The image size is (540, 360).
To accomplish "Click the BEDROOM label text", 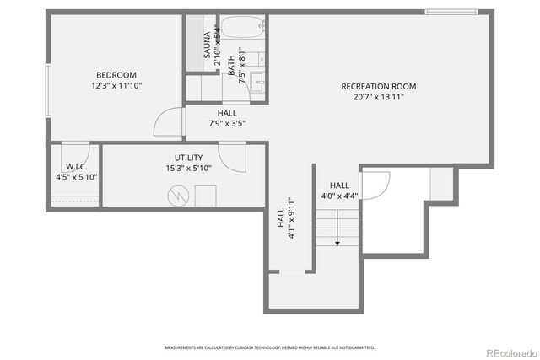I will click(116, 75).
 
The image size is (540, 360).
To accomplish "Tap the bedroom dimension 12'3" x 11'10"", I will click(116, 86).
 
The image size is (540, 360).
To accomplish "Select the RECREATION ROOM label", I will click(378, 86).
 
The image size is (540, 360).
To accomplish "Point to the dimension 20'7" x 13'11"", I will click(378, 97).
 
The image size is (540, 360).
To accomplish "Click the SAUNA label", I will click(208, 47).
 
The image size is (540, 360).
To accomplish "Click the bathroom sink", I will click(256, 83).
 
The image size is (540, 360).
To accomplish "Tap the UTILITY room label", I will click(188, 158).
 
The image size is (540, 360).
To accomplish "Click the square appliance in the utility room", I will click(205, 196).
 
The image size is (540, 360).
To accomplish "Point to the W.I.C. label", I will click(77, 166).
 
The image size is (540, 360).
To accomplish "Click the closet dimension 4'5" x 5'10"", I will click(77, 177).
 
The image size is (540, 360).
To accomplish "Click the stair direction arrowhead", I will click(337, 243).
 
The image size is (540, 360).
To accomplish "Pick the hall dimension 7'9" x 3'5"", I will click(226, 124).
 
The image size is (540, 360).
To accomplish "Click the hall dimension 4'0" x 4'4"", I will click(339, 196).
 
